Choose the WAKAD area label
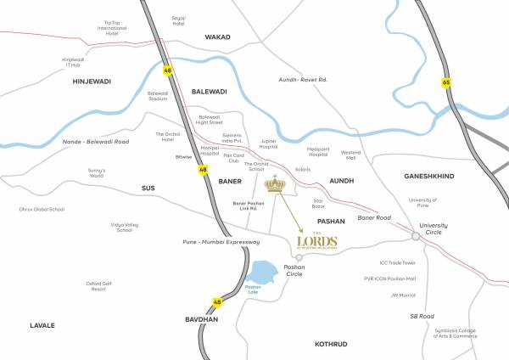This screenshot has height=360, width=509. (x=218, y=37)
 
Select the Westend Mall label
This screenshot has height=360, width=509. (x=350, y=156)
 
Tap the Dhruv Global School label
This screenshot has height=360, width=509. (x=42, y=208)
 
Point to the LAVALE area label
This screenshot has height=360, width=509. (x=42, y=325)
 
